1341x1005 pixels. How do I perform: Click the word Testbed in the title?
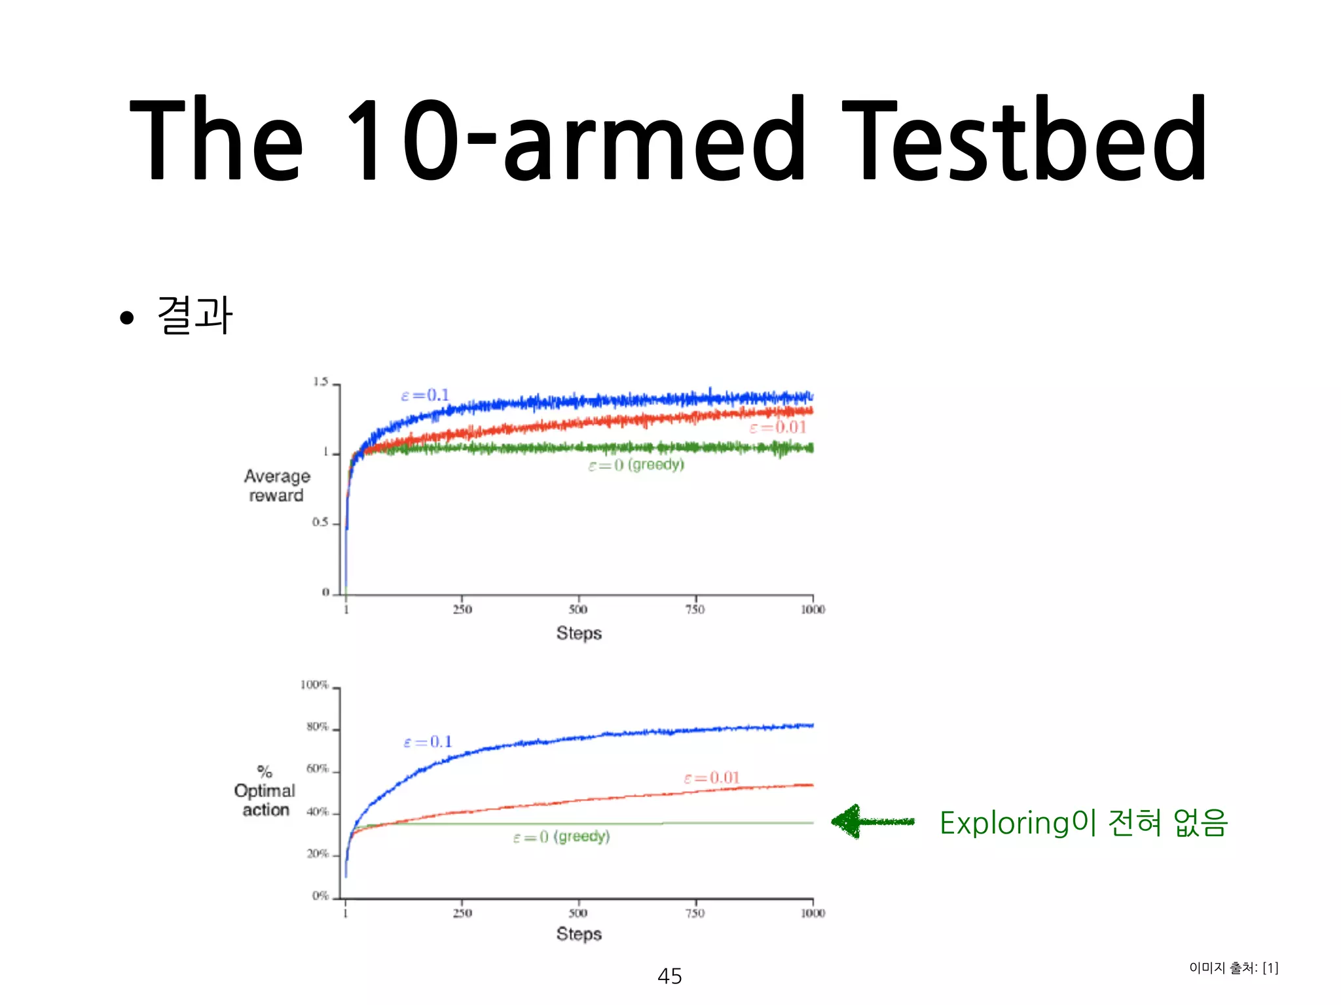1025,139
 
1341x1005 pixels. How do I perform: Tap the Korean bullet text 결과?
195,315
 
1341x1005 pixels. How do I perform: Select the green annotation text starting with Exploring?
1084,822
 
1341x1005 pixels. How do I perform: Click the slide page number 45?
669,976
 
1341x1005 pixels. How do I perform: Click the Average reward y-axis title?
276,485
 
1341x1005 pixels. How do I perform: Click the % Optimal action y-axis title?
265,792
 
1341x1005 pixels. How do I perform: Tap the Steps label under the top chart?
579,633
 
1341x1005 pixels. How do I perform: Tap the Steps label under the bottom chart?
579,934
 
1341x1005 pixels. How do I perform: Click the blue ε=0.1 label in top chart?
425,395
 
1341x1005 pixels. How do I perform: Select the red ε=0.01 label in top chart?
778,428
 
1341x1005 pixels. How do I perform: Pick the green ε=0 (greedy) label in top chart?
636,465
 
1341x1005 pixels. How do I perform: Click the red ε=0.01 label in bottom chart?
712,778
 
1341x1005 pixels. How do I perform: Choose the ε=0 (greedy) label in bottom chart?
561,837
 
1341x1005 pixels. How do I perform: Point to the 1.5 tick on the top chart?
320,382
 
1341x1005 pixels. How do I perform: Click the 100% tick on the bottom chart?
314,685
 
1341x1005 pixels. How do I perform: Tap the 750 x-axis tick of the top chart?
695,610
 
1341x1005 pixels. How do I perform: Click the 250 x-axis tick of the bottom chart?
462,913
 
